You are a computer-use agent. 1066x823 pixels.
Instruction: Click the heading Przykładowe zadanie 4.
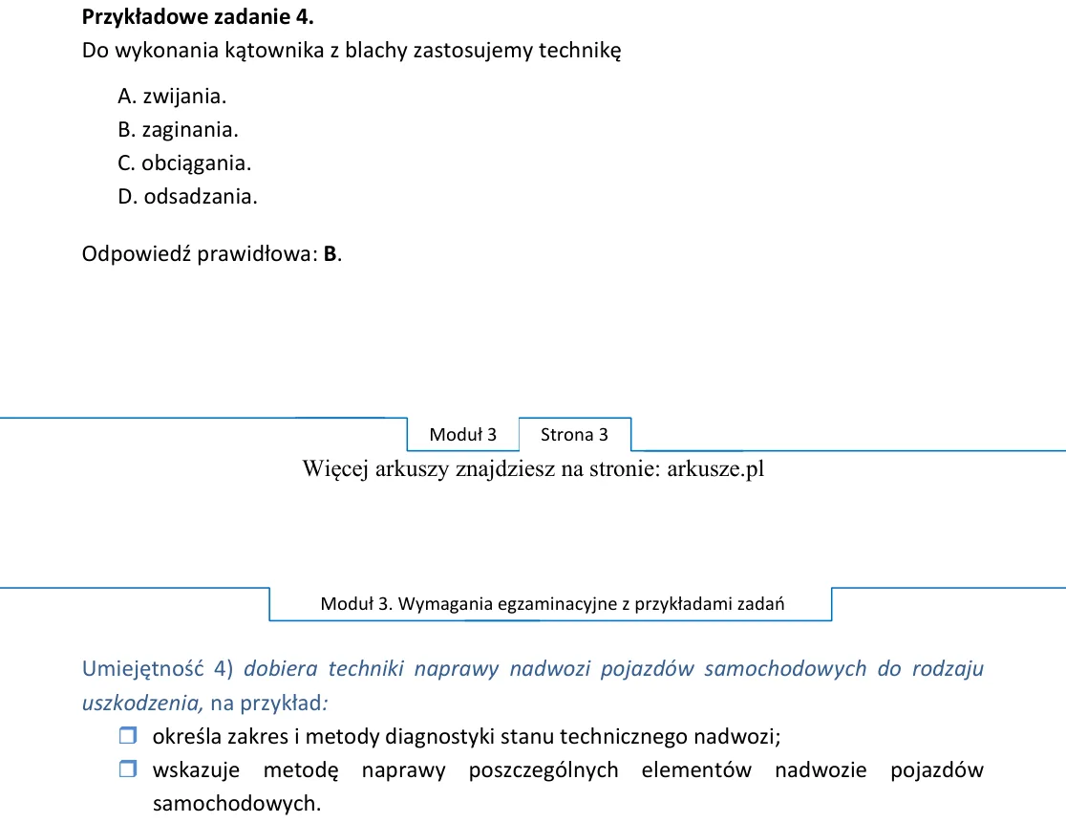point(198,17)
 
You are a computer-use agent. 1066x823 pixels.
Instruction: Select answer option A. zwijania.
point(172,97)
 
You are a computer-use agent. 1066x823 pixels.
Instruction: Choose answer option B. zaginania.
point(178,130)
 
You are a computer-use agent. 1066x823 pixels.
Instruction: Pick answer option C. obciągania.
point(184,163)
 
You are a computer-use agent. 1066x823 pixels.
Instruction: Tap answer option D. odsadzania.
point(187,197)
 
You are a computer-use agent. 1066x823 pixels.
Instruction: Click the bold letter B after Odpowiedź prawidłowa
point(330,253)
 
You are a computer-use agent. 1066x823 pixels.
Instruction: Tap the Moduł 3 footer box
point(463,435)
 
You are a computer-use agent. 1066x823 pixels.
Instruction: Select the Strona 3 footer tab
point(574,435)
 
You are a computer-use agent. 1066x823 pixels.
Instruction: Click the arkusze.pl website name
point(715,469)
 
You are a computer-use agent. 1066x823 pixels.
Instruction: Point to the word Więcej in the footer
point(336,469)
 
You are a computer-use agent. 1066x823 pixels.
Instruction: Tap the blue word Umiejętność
point(142,669)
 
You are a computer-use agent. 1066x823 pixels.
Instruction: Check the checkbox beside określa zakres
point(128,735)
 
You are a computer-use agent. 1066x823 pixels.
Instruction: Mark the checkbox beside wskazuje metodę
point(128,769)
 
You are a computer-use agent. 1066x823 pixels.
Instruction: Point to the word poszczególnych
point(544,769)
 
